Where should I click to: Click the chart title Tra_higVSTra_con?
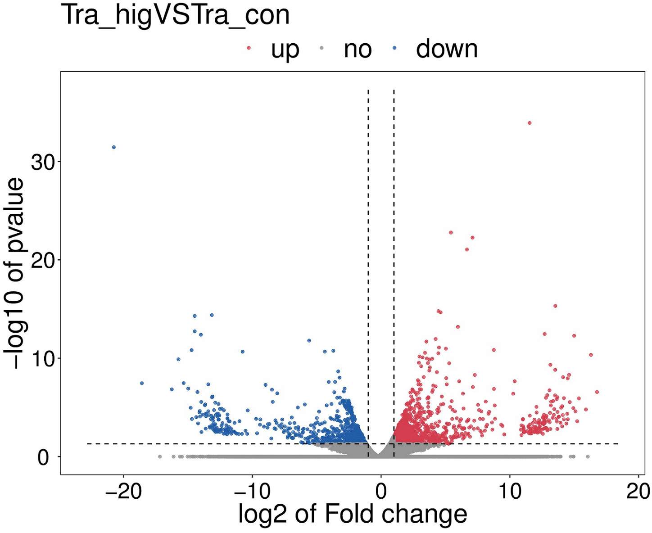(x=175, y=15)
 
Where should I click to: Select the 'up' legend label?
(x=285, y=49)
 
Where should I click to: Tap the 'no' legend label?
(x=358, y=49)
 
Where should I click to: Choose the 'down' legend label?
(x=447, y=49)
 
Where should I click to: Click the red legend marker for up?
(x=249, y=48)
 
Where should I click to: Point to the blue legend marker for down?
(x=394, y=48)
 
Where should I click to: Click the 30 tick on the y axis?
(x=40, y=162)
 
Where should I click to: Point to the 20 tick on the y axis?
(x=40, y=260)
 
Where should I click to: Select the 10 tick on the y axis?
(x=40, y=358)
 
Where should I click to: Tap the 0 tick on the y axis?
(x=44, y=457)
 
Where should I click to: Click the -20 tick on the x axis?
(x=123, y=491)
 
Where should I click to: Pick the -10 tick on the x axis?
(x=252, y=491)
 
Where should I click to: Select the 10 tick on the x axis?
(x=510, y=491)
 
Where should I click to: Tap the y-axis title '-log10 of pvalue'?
(x=16, y=273)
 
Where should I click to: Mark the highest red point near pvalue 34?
(x=530, y=123)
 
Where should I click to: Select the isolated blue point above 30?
(x=114, y=147)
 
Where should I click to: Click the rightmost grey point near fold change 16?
(x=588, y=456)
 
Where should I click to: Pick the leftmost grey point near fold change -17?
(x=160, y=456)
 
